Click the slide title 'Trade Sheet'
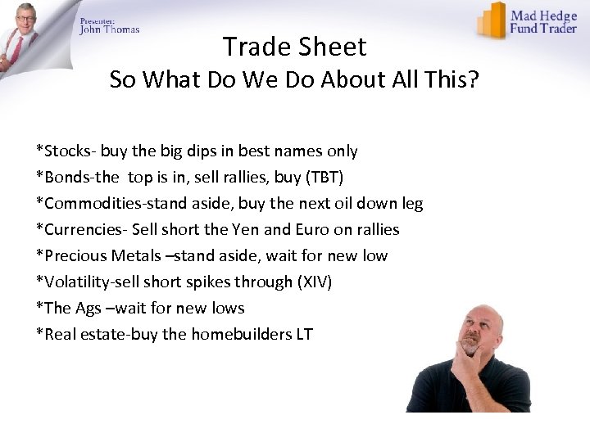click(294, 47)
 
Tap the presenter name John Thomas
click(110, 29)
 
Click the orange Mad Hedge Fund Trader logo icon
click(492, 20)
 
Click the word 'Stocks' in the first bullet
click(67, 151)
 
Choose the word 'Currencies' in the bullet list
click(83, 229)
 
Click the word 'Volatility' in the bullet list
click(76, 282)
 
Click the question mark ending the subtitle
click(474, 80)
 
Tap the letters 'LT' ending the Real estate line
click(303, 334)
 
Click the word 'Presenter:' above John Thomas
click(97, 20)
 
